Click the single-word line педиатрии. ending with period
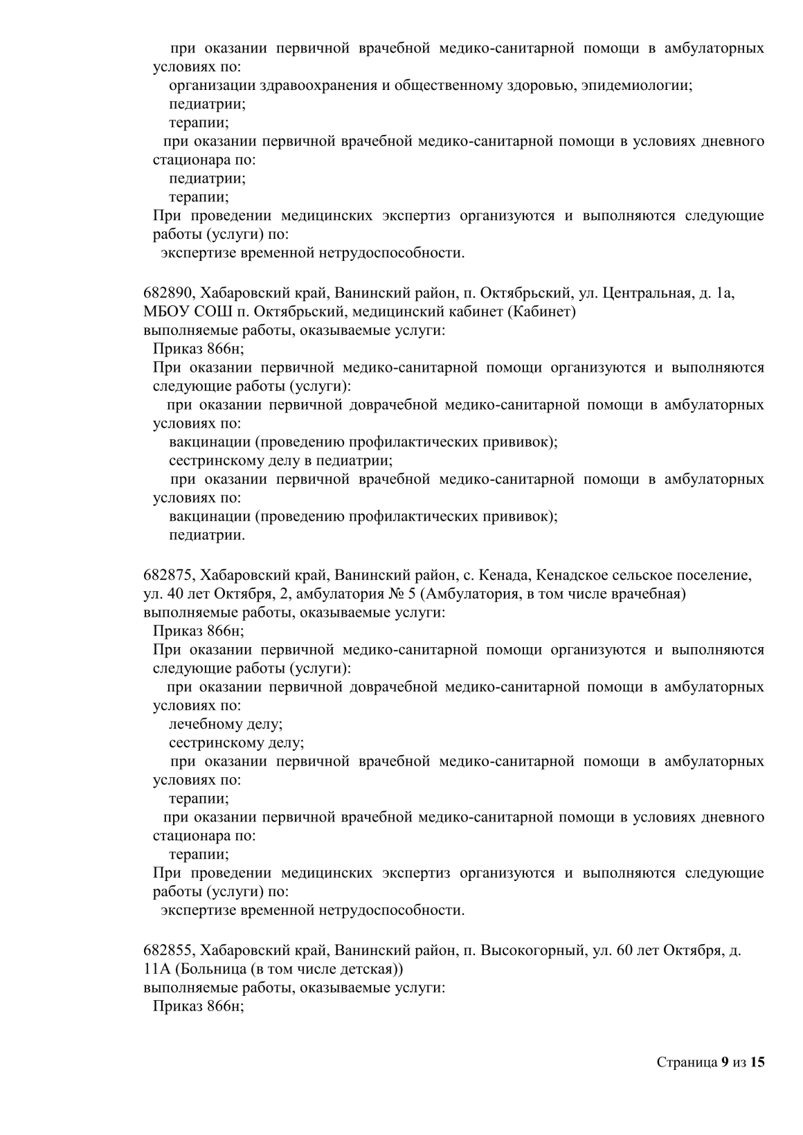[x=207, y=535]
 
